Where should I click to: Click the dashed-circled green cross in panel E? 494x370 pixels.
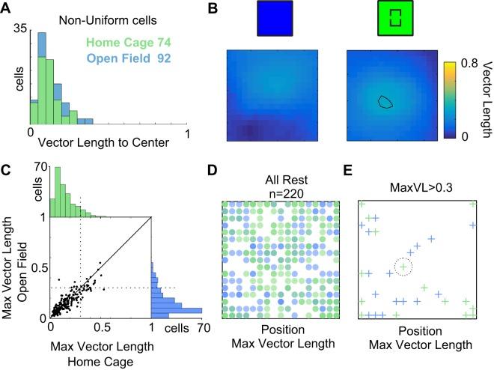[403, 266]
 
